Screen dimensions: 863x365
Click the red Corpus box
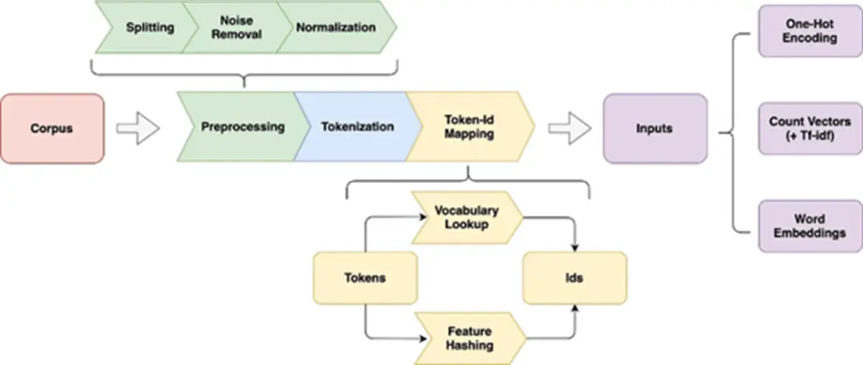(52, 129)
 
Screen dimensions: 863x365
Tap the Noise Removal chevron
(237, 27)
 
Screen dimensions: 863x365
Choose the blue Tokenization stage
(357, 126)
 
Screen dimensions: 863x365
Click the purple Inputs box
(655, 129)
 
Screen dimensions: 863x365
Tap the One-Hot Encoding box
(811, 31)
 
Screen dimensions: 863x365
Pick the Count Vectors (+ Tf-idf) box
(811, 129)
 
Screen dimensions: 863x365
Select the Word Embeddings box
(811, 226)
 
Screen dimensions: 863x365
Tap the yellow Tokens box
(365, 278)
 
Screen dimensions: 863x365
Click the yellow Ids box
(575, 278)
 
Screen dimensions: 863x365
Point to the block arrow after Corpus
(138, 129)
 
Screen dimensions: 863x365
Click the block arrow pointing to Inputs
(570, 129)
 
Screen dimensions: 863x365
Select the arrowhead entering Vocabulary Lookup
(423, 217)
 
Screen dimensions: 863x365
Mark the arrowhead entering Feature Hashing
(423, 339)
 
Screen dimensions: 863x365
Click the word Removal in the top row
(237, 34)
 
